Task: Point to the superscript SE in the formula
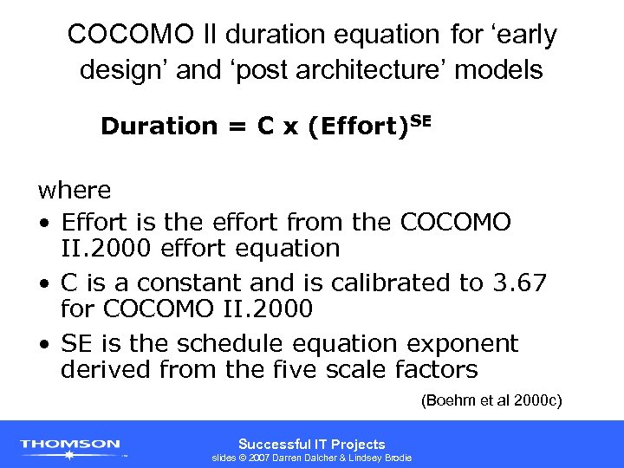click(x=419, y=119)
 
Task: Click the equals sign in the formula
click(x=237, y=127)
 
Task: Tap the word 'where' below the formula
click(x=74, y=190)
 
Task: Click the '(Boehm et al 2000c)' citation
click(x=491, y=400)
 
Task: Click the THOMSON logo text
click(x=70, y=444)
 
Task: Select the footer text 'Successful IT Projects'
click(x=311, y=444)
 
